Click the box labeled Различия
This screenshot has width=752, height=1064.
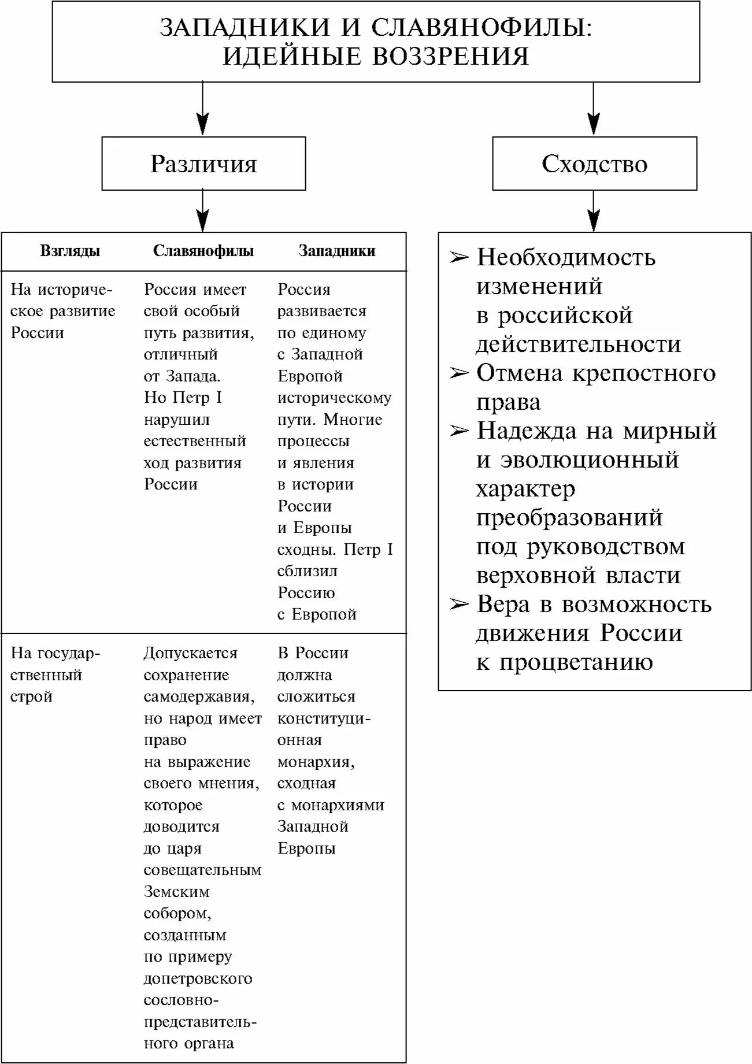pyautogui.click(x=203, y=164)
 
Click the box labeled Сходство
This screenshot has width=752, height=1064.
pyautogui.click(x=594, y=164)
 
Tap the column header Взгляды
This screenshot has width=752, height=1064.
pyautogui.click(x=70, y=251)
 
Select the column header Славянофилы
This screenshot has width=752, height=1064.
pyautogui.click(x=203, y=251)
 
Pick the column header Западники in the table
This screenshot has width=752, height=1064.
pyautogui.click(x=336, y=251)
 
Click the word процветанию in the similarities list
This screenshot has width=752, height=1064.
pyautogui.click(x=576, y=662)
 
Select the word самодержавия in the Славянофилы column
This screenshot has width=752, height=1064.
pyautogui.click(x=199, y=697)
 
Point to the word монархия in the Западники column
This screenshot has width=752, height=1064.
pyautogui.click(x=316, y=762)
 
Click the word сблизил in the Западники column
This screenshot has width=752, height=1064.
pyautogui.click(x=307, y=571)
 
